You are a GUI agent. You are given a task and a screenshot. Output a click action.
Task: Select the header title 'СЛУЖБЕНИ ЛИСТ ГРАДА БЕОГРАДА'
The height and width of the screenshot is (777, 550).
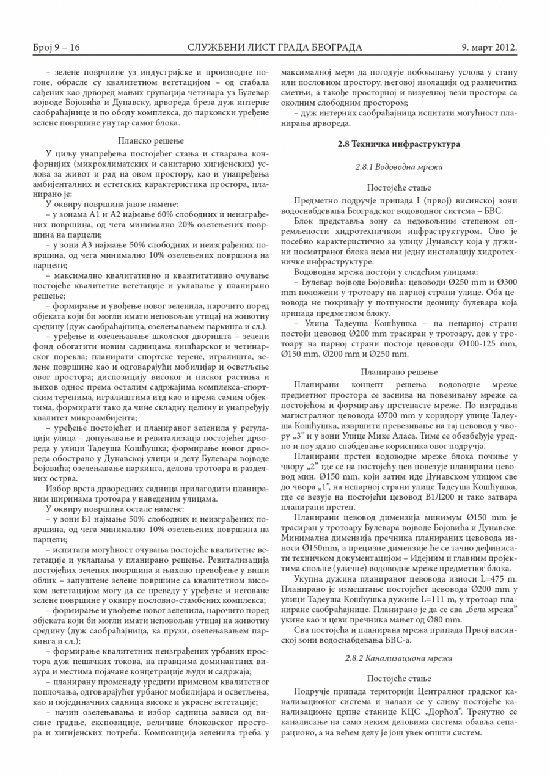[x=275, y=47]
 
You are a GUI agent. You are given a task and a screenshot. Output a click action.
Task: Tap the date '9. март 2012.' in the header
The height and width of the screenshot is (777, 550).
[x=490, y=47]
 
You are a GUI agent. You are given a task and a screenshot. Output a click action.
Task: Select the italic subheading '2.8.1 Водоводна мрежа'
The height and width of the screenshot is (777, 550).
[x=398, y=166]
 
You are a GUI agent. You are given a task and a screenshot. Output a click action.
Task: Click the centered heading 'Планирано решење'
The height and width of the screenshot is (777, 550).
[x=398, y=371]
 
